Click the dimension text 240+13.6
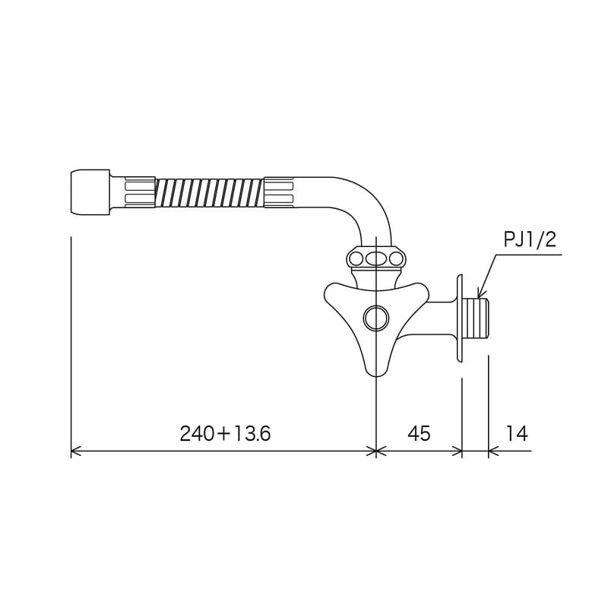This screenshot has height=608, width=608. click(x=225, y=433)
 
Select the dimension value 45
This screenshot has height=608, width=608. click(x=419, y=433)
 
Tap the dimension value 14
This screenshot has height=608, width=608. click(x=515, y=433)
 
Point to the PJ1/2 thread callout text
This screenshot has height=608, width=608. click(x=530, y=241)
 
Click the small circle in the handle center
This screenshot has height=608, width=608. click(x=375, y=318)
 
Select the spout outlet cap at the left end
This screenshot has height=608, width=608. click(x=89, y=192)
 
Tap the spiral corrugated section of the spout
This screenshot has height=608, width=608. click(x=209, y=192)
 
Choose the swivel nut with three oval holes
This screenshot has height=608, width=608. click(x=375, y=258)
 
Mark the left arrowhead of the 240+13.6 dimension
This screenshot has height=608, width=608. click(x=73, y=451)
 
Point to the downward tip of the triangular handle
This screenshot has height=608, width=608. click(x=374, y=371)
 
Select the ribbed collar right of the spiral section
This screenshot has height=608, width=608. click(x=279, y=192)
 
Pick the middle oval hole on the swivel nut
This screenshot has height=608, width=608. click(x=375, y=258)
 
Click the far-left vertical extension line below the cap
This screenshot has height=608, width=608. click(x=71, y=342)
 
